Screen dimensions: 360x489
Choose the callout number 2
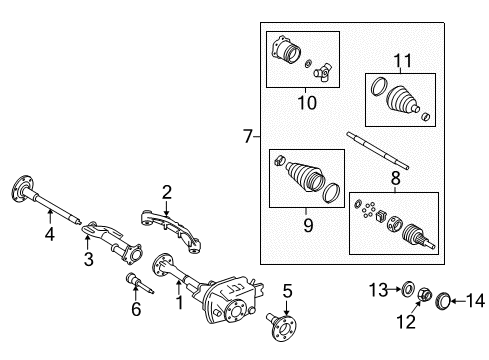(167, 190)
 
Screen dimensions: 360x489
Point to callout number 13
(378, 290)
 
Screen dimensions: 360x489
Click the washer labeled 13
(407, 291)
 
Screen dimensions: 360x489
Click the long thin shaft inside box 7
(376, 151)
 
